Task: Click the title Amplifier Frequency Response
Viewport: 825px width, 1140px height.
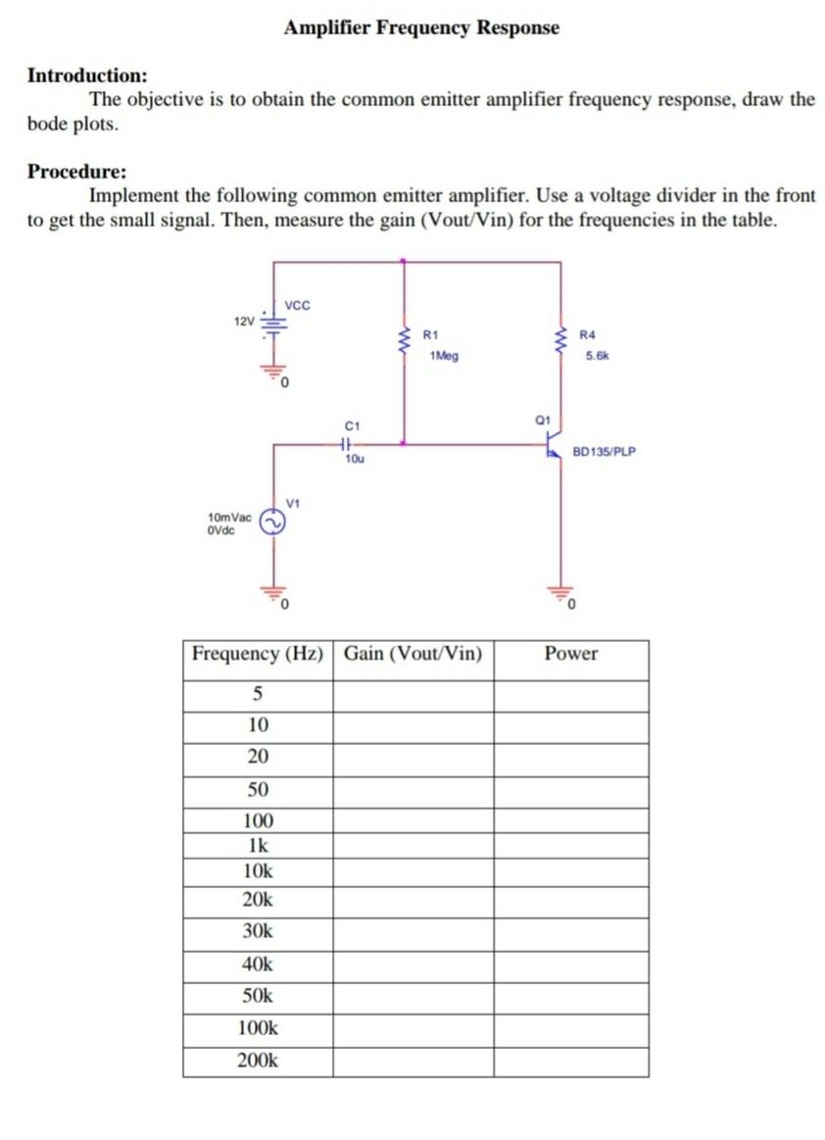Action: click(x=421, y=27)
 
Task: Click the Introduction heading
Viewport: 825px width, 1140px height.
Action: click(x=88, y=75)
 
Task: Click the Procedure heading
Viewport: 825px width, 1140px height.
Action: click(x=76, y=172)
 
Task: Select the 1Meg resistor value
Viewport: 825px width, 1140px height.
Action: click(x=443, y=356)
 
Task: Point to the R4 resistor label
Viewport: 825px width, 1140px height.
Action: click(x=588, y=335)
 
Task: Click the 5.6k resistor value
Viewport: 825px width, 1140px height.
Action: click(x=597, y=356)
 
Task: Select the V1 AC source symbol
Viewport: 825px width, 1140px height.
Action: click(x=272, y=523)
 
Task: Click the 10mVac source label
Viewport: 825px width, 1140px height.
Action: click(x=229, y=517)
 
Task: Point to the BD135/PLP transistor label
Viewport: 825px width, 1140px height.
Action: click(x=604, y=452)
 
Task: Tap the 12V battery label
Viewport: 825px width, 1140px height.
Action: click(x=244, y=320)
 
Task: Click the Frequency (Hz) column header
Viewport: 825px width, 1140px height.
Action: click(x=258, y=654)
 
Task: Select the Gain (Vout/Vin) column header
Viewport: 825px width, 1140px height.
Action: click(x=412, y=654)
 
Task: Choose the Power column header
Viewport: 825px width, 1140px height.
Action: click(x=570, y=654)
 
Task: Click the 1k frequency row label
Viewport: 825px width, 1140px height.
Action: click(x=258, y=845)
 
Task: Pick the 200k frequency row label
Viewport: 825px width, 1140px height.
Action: click(x=258, y=1061)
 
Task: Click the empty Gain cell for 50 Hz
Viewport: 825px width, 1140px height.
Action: click(x=412, y=790)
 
